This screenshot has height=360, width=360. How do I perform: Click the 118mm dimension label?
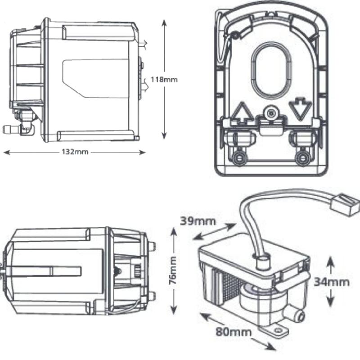click(x=164, y=80)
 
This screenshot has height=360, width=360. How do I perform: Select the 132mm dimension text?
click(x=75, y=152)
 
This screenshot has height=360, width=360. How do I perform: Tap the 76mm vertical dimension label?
click(x=173, y=270)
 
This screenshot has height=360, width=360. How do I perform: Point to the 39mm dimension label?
click(x=198, y=221)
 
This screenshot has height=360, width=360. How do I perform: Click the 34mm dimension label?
click(x=332, y=282)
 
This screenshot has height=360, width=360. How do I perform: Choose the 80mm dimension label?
click(x=233, y=332)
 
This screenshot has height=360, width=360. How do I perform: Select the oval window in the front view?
click(x=271, y=71)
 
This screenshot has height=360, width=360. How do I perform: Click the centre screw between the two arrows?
click(x=271, y=113)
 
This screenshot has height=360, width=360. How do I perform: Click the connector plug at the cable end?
click(x=345, y=205)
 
